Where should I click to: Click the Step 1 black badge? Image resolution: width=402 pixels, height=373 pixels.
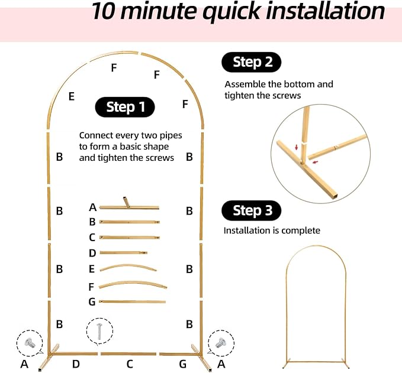click(x=125, y=107)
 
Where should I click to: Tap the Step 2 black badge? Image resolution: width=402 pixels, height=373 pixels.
click(x=251, y=62)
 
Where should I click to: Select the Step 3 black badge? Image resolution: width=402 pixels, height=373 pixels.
click(x=251, y=210)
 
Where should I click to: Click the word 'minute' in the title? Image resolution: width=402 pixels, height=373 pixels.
click(x=159, y=11)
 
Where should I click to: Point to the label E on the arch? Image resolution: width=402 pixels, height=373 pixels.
click(x=72, y=96)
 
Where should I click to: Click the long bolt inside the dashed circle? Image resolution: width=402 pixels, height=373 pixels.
click(x=99, y=332)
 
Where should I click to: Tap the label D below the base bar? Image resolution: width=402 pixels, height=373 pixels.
click(x=76, y=364)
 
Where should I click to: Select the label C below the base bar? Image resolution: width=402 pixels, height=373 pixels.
click(x=130, y=364)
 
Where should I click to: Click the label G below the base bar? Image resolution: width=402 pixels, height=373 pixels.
click(x=182, y=364)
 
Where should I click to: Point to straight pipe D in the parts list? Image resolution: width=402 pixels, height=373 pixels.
click(x=123, y=252)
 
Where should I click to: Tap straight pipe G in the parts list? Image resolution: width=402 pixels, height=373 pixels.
click(x=132, y=302)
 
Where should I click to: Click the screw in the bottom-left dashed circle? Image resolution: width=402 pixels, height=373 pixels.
click(x=29, y=342)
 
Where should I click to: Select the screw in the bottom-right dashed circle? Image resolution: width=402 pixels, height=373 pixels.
click(x=220, y=342)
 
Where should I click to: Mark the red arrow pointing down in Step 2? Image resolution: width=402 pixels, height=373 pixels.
click(x=297, y=147)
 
